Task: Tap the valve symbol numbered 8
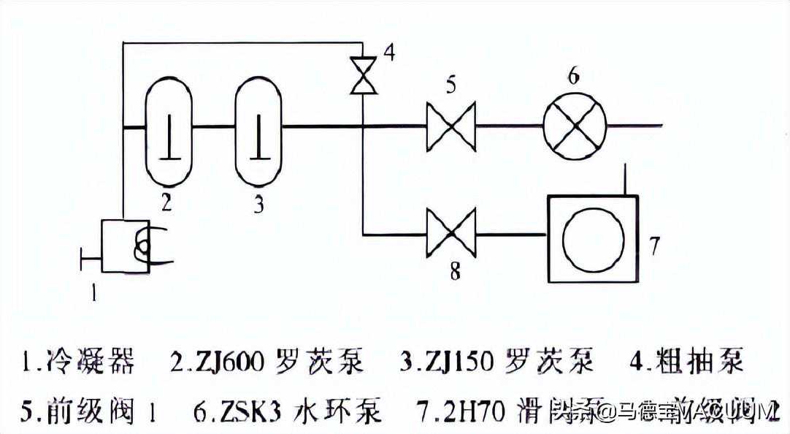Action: click(x=451, y=234)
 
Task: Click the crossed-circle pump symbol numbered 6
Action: click(x=575, y=125)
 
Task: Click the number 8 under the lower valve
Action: click(x=454, y=273)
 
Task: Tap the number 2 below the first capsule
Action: click(x=166, y=202)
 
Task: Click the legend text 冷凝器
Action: click(x=89, y=360)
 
